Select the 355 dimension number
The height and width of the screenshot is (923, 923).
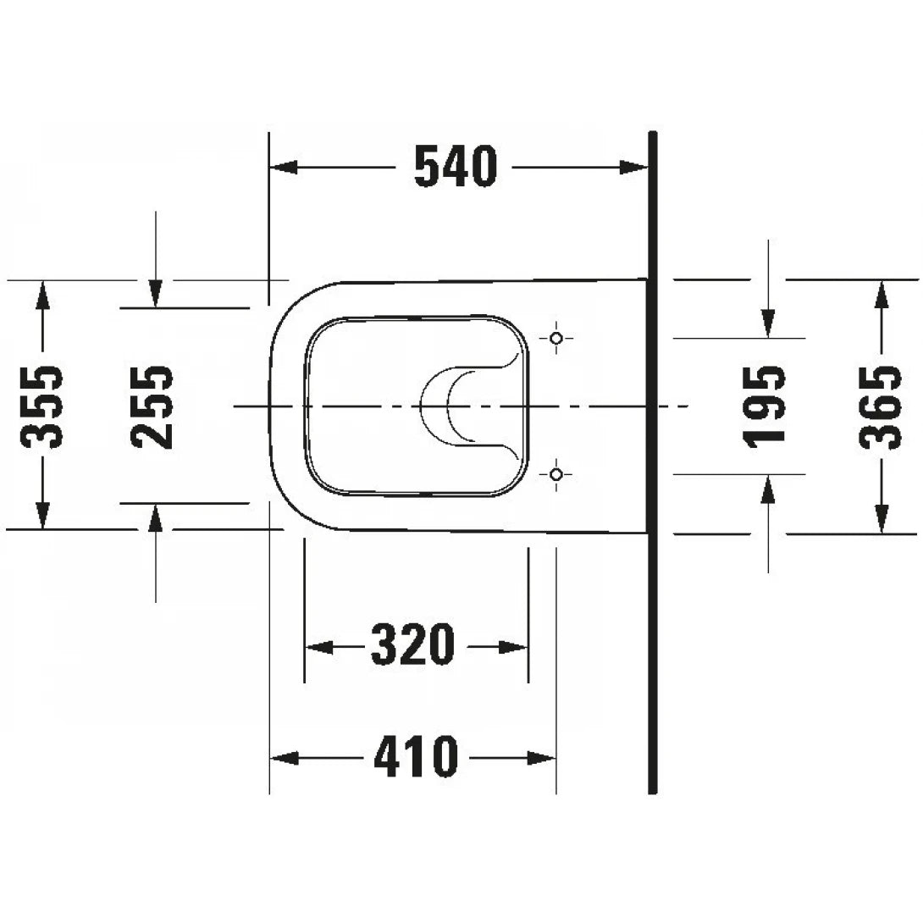click(41, 407)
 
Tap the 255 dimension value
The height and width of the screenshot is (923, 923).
click(153, 407)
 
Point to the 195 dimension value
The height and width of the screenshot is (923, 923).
click(767, 406)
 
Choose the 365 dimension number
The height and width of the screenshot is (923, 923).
click(881, 407)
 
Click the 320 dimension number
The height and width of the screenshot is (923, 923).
click(414, 647)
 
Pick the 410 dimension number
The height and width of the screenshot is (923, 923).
click(416, 756)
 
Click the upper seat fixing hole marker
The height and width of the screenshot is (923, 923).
click(555, 339)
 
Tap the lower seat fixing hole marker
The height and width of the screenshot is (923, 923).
click(555, 474)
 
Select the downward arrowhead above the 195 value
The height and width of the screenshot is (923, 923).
click(767, 323)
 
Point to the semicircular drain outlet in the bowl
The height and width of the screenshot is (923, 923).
click(449, 406)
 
